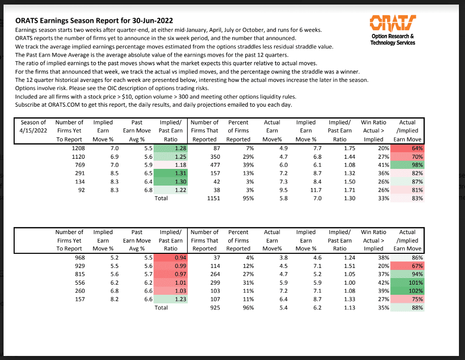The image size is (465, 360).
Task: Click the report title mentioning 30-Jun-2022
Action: coord(94,21)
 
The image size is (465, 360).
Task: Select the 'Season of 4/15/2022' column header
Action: coord(33,130)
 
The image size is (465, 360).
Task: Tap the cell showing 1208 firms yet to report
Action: coord(75,148)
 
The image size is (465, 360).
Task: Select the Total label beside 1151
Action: coord(161,199)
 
